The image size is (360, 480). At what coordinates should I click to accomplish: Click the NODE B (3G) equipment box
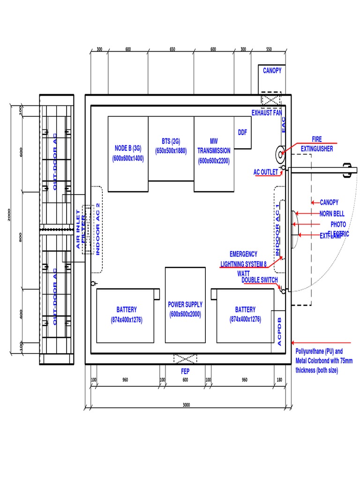click(128, 154)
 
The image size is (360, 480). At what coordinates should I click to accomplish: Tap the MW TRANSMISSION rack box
click(214, 154)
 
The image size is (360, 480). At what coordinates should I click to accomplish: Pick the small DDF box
click(242, 133)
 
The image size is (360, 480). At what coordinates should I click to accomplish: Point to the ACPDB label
click(279, 331)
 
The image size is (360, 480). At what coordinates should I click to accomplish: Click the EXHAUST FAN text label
click(267, 113)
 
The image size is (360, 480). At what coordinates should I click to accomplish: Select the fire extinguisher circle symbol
click(281, 154)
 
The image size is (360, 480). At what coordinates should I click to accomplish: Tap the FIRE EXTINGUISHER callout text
click(317, 144)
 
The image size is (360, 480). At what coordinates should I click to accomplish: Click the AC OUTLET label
click(266, 172)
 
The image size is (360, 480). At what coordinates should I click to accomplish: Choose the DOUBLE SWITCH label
click(259, 280)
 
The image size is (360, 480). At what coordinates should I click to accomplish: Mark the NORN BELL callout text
click(332, 214)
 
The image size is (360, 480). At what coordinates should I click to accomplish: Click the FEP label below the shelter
click(185, 370)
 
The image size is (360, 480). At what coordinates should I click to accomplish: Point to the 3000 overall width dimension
click(186, 405)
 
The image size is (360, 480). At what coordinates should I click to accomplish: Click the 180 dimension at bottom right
click(280, 380)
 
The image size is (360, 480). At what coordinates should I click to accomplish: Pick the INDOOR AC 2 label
click(97, 229)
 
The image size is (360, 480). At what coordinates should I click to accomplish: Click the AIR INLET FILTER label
click(82, 229)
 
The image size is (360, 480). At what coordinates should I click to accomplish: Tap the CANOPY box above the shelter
click(272, 71)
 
